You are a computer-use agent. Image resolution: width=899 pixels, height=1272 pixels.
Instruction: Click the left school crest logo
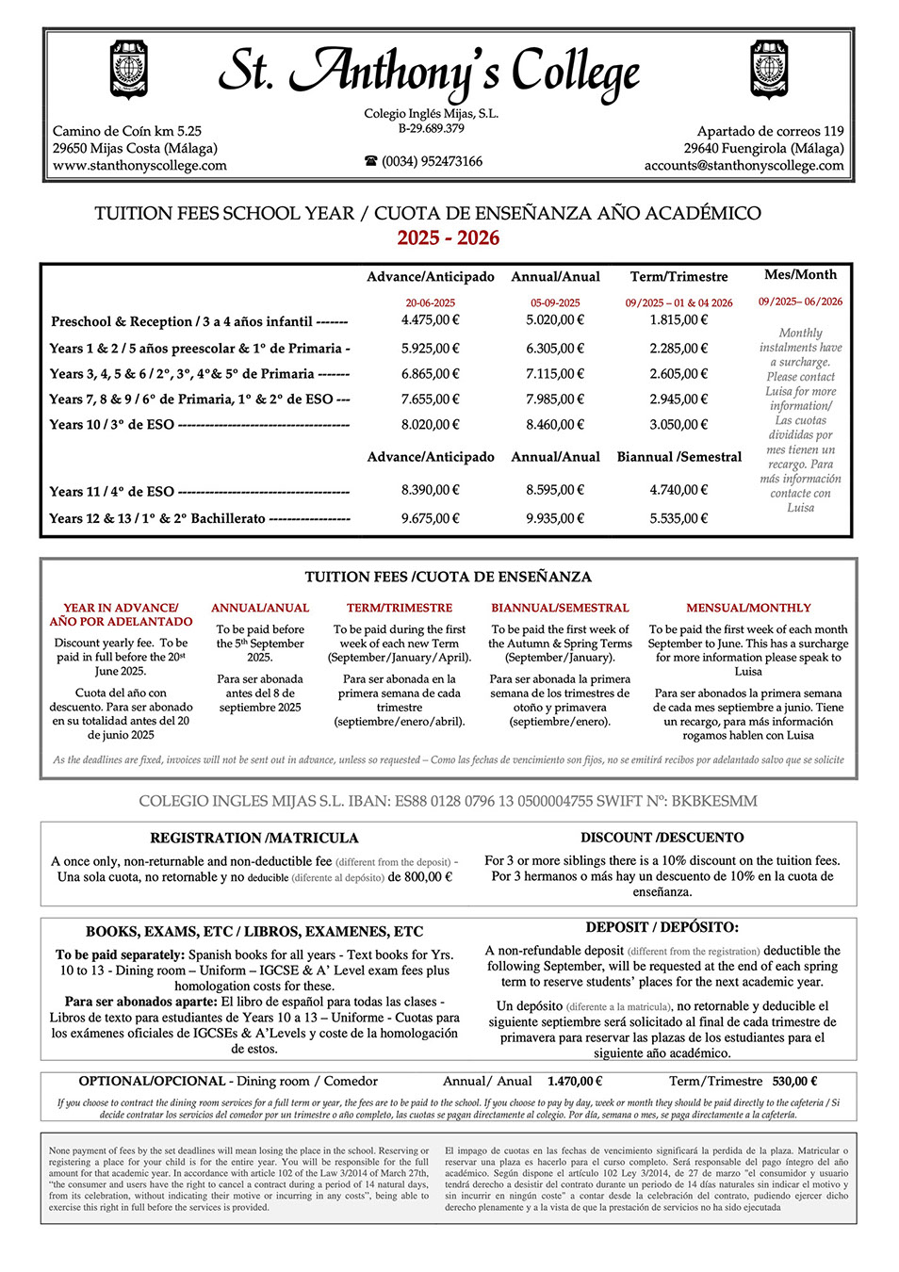[x=129, y=70]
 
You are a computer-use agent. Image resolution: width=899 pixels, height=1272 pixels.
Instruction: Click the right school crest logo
[x=769, y=70]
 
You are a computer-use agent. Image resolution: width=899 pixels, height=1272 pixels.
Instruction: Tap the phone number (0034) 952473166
[x=432, y=162]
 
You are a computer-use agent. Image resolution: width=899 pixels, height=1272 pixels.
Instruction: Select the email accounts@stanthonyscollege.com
[x=744, y=166]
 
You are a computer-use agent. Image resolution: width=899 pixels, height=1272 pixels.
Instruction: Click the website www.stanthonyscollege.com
[x=139, y=166]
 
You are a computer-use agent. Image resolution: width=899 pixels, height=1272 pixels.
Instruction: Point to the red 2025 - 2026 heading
[x=449, y=238]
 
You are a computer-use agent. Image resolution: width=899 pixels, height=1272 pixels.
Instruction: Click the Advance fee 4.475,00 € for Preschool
[x=431, y=320]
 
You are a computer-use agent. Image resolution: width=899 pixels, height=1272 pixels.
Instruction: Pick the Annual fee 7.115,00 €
[x=555, y=374]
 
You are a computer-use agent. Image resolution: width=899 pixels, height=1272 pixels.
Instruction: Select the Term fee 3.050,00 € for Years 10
[x=678, y=425]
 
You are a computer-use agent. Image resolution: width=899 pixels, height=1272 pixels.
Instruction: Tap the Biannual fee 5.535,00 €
[x=678, y=518]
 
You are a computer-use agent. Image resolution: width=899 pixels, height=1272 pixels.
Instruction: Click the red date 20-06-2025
[x=431, y=303]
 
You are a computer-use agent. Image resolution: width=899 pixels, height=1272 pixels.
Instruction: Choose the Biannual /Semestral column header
[x=678, y=457]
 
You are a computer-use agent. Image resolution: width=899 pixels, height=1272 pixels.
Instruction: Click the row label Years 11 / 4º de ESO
[x=112, y=492]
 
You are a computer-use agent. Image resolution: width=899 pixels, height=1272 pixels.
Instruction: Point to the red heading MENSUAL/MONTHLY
[x=748, y=609]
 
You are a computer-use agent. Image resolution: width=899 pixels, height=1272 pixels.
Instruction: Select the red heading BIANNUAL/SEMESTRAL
[x=560, y=609]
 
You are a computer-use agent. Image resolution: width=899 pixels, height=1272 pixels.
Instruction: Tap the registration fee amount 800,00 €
[x=429, y=877]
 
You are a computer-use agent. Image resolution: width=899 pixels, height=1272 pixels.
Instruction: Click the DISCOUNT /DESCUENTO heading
[x=662, y=838]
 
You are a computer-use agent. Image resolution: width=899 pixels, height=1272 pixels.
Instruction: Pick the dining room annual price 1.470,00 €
[x=574, y=1082]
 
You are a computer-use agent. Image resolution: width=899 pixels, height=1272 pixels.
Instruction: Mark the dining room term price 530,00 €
[x=794, y=1082]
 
